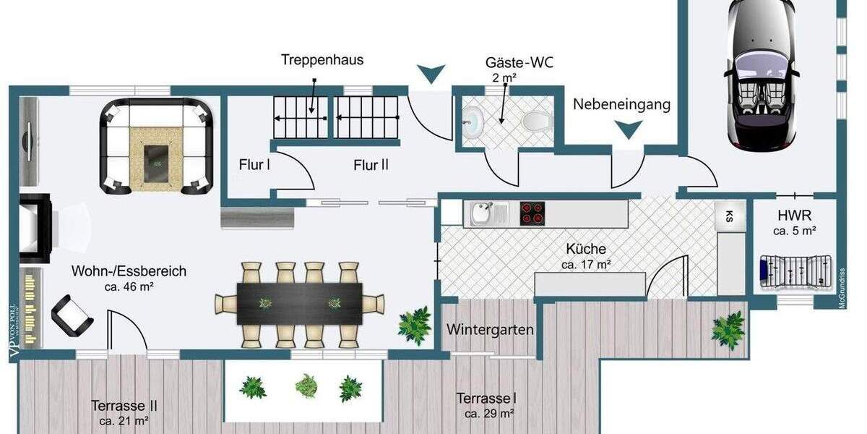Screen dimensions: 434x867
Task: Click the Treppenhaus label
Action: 322,60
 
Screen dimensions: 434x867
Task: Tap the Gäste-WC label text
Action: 519,62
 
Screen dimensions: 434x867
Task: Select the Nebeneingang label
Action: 621,104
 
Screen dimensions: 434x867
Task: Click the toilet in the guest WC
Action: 534,120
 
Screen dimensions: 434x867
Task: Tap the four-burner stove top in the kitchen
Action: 532,213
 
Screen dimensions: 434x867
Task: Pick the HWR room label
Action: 794,216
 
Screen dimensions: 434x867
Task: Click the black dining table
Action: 300,303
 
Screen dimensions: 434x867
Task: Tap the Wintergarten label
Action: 490,330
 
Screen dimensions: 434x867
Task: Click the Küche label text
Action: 586,250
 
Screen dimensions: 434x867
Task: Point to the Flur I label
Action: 254,164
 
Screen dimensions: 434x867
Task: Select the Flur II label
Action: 371,165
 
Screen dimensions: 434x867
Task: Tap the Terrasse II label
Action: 124,406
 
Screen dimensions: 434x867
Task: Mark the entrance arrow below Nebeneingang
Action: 628,129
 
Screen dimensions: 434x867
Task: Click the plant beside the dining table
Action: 415,325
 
